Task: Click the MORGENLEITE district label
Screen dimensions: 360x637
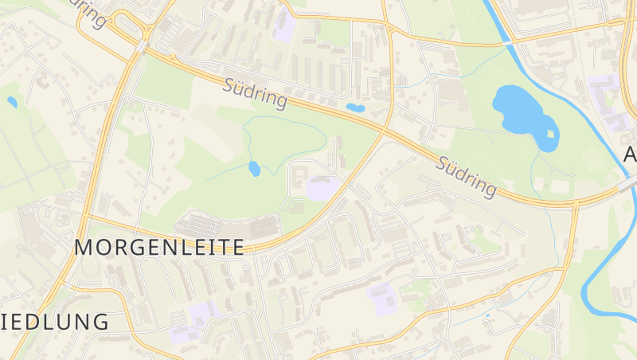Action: point(159,247)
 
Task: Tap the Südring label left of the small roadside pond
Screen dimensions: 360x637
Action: point(256,92)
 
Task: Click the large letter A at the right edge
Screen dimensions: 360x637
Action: point(630,154)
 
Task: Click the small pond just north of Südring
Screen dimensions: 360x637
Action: point(355,108)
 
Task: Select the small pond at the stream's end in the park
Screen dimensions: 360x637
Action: point(254,169)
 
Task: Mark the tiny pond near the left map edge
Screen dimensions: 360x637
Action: point(12,102)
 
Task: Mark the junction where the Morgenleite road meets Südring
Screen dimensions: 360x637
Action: point(386,129)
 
